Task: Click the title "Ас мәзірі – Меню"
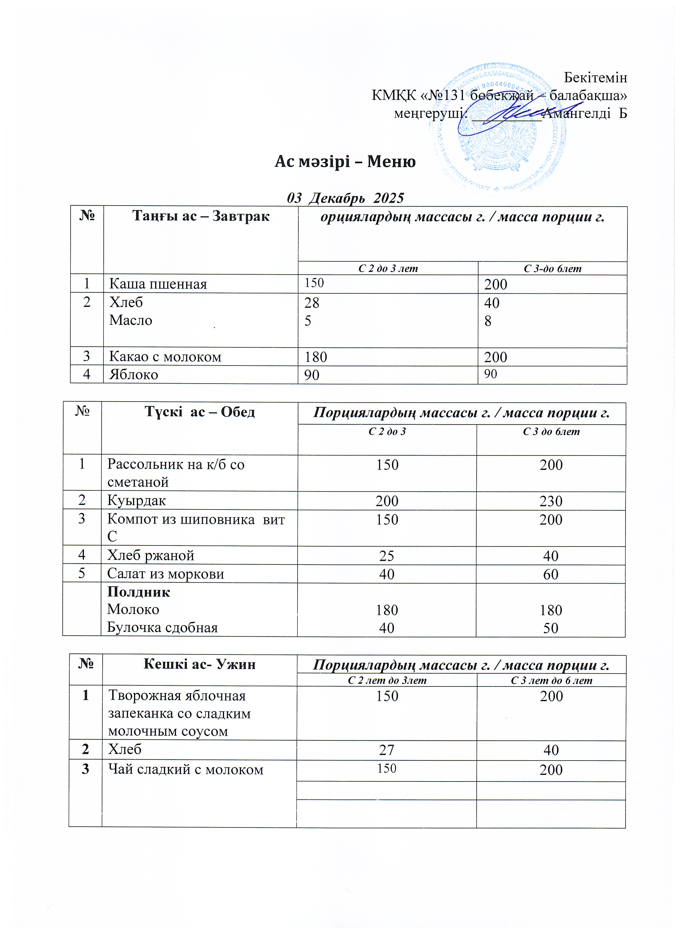[x=345, y=162]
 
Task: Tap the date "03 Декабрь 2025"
[x=345, y=198]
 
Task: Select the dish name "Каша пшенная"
[x=158, y=284]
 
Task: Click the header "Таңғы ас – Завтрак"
[x=201, y=216]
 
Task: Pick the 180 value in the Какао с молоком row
[x=315, y=357]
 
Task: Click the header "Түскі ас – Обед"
[x=200, y=412]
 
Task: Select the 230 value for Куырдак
[x=551, y=501]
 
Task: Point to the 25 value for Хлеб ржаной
[x=387, y=556]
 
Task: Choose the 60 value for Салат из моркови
[x=551, y=574]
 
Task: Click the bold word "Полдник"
[x=138, y=592]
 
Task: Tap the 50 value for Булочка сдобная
[x=551, y=628]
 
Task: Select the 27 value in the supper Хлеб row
[x=387, y=750]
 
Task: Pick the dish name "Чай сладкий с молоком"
[x=185, y=770]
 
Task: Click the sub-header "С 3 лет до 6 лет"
[x=551, y=680]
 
